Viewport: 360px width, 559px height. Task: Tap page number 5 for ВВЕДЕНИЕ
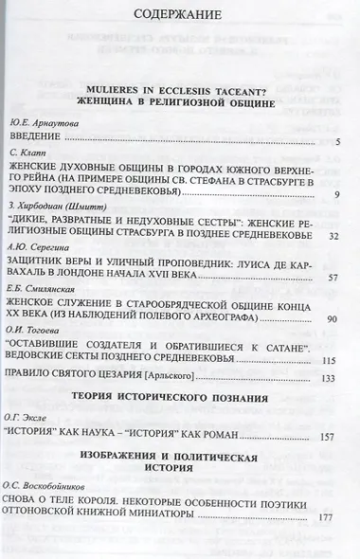pyautogui.click(x=337, y=141)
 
